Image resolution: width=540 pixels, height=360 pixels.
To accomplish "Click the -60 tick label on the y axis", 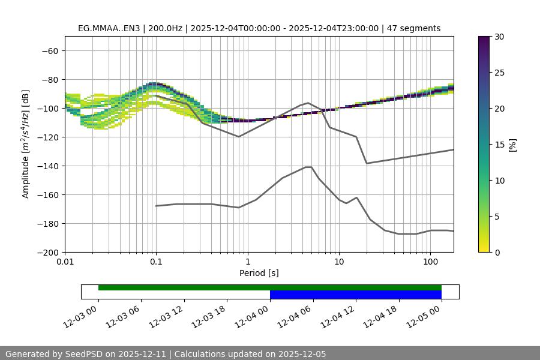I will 50,50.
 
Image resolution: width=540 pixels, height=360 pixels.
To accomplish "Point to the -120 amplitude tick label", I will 47,137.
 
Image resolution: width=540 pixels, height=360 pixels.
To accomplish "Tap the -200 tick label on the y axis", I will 47,252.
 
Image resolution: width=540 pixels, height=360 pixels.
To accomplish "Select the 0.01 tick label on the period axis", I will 65,262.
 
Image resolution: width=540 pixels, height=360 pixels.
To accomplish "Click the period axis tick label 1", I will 247,262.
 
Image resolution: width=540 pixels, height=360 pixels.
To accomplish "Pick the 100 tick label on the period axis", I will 430,262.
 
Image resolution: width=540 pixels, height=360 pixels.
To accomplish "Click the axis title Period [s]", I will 259,273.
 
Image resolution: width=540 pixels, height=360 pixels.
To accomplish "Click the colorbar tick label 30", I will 499,37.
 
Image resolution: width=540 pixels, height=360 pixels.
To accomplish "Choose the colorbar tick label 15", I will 499,145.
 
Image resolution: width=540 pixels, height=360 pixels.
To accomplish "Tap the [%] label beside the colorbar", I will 512,145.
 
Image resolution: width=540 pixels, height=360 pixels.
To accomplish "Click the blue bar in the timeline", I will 355,295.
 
